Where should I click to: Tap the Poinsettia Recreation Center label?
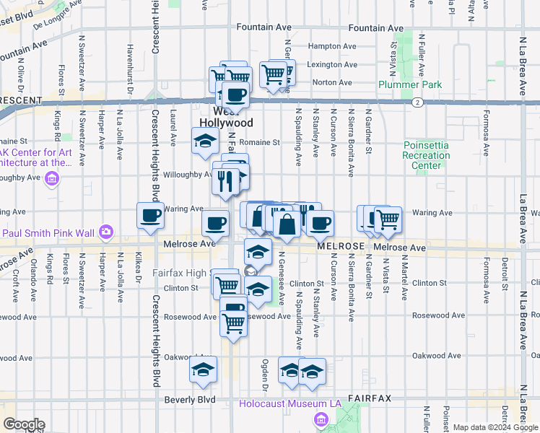tap(426, 155)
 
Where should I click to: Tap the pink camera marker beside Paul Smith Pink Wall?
tap(107, 232)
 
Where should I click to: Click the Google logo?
tap(23, 424)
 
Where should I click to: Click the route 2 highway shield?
tap(417, 102)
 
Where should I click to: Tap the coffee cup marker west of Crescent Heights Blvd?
tap(151, 215)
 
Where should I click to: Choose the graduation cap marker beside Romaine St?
tap(204, 140)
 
